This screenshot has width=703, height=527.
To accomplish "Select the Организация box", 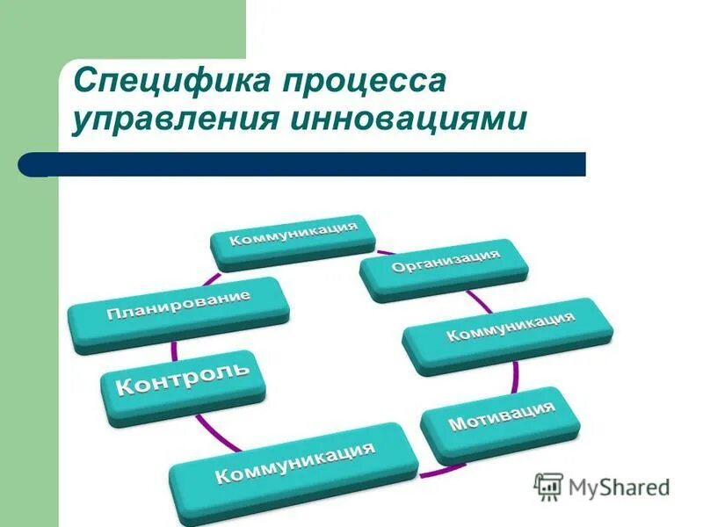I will [445, 268].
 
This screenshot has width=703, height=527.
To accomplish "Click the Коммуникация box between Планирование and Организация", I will [294, 238].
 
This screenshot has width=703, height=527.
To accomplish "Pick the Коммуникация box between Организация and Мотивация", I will [509, 334].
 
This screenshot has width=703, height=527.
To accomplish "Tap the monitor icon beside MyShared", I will [548, 487].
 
